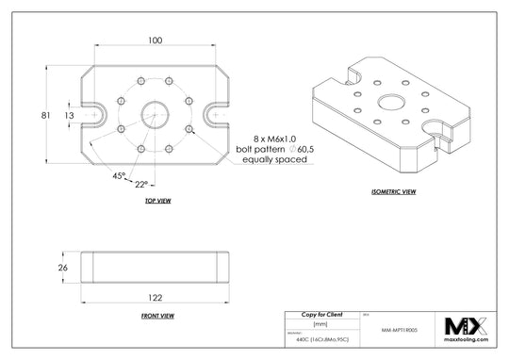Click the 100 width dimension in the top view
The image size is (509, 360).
coord(155,41)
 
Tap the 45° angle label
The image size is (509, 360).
coord(118,175)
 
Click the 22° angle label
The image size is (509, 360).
coord(141,184)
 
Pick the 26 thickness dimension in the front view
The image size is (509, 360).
coord(63,268)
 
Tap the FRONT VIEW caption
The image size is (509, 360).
coord(154,315)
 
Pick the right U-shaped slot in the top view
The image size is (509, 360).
coord(215,115)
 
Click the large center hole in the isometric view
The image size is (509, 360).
coord(387,102)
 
